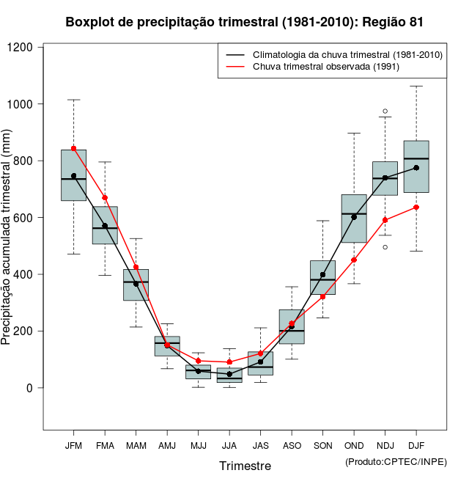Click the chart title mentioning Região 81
point(244,22)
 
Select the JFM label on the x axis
point(73,446)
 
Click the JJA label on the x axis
point(229,446)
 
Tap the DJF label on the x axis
point(416,446)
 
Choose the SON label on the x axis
point(322,446)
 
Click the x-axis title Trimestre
point(245,466)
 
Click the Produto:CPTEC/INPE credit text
point(396,461)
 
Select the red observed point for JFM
point(73,149)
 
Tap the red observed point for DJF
point(416,207)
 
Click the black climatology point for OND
point(354,217)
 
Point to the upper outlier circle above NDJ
point(385,111)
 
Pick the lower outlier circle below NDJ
point(385,247)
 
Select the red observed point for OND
point(354,260)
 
